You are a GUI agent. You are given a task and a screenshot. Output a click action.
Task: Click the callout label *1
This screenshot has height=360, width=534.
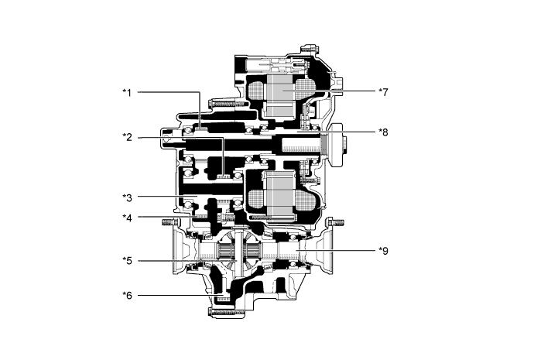coord(128,92)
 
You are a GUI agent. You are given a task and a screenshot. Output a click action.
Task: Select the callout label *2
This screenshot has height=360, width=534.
coord(128,137)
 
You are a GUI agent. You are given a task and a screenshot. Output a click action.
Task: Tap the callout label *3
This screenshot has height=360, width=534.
coord(128,197)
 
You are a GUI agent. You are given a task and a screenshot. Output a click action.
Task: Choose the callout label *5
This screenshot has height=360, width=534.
coord(128,261)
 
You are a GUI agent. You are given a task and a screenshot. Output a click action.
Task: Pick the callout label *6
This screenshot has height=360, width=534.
coord(128,294)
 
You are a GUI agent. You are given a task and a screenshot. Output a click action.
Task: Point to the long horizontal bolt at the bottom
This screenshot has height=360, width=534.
coord(229,312)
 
